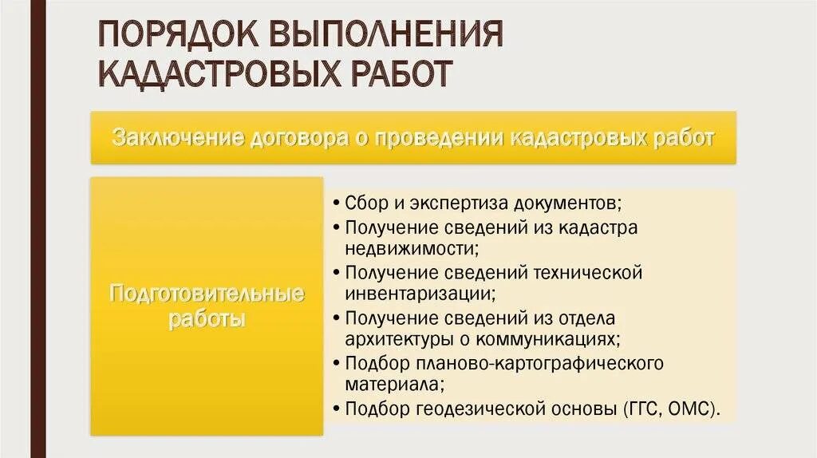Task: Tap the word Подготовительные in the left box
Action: [x=207, y=294]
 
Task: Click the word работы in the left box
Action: [x=207, y=320]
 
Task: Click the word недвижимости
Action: [x=409, y=248]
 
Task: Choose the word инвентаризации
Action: [x=418, y=294]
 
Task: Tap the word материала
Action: [x=392, y=385]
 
